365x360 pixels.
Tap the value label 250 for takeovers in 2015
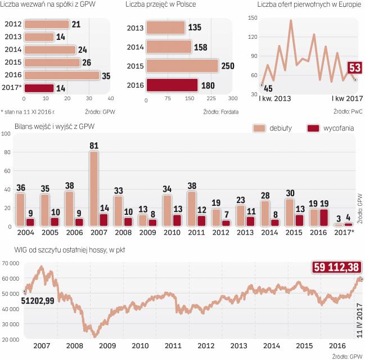[x=228, y=65]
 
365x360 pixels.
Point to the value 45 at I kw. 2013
[x=268, y=88]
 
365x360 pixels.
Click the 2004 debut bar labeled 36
[x=21, y=209]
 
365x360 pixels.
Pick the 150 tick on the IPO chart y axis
[x=252, y=18]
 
